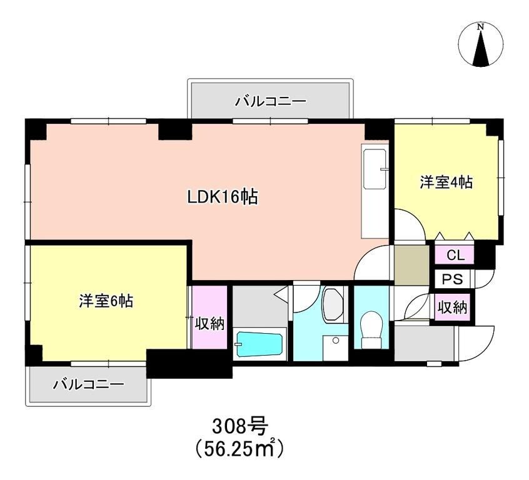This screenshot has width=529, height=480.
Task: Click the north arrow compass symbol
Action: click(x=481, y=45)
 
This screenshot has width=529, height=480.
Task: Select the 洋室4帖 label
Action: click(x=445, y=182)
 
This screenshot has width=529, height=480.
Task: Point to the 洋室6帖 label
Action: click(x=105, y=300)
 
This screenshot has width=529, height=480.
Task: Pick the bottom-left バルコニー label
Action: click(x=88, y=384)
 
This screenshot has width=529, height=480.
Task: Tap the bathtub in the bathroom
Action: click(x=259, y=344)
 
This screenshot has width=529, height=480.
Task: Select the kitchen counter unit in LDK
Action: click(x=375, y=191)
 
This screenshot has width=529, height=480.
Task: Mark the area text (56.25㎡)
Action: click(x=240, y=448)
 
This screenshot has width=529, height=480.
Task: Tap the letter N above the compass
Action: click(x=481, y=27)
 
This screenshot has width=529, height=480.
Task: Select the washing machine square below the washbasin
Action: click(x=335, y=349)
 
